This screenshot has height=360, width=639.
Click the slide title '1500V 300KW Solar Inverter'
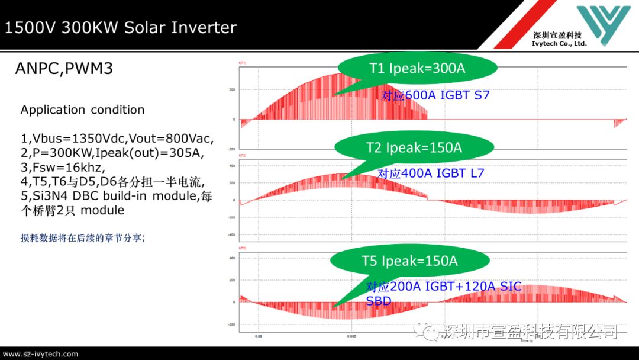[121, 28]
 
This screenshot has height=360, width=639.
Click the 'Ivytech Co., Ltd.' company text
[559, 43]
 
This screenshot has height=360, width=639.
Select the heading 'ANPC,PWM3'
[64, 69]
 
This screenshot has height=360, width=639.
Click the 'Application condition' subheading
[82, 110]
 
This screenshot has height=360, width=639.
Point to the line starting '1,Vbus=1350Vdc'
[117, 139]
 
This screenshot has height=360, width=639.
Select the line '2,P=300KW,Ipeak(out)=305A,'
[112, 153]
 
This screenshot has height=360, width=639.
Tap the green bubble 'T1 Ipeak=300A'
[417, 69]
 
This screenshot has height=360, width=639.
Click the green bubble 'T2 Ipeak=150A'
[414, 147]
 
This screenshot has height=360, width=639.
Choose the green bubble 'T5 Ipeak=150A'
[410, 261]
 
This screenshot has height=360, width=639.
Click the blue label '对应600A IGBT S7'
[435, 95]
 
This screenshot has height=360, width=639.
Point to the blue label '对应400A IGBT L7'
[431, 173]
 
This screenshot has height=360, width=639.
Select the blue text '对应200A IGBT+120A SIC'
[444, 287]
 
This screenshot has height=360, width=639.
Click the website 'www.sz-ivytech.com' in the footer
[40, 354]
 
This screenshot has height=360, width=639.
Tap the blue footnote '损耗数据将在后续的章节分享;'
[83, 238]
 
